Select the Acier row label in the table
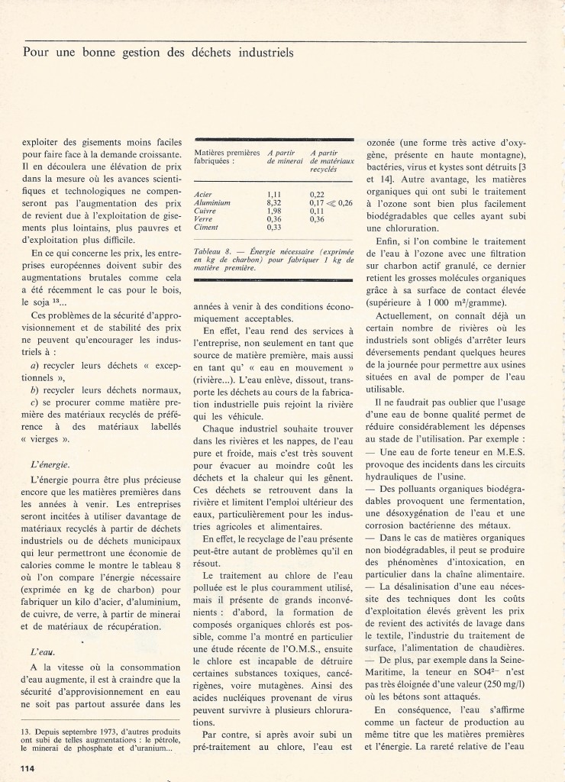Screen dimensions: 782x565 point(204,195)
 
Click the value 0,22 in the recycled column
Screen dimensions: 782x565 point(318,195)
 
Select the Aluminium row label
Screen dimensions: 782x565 point(211,202)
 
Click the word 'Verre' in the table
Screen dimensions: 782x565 point(205,218)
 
